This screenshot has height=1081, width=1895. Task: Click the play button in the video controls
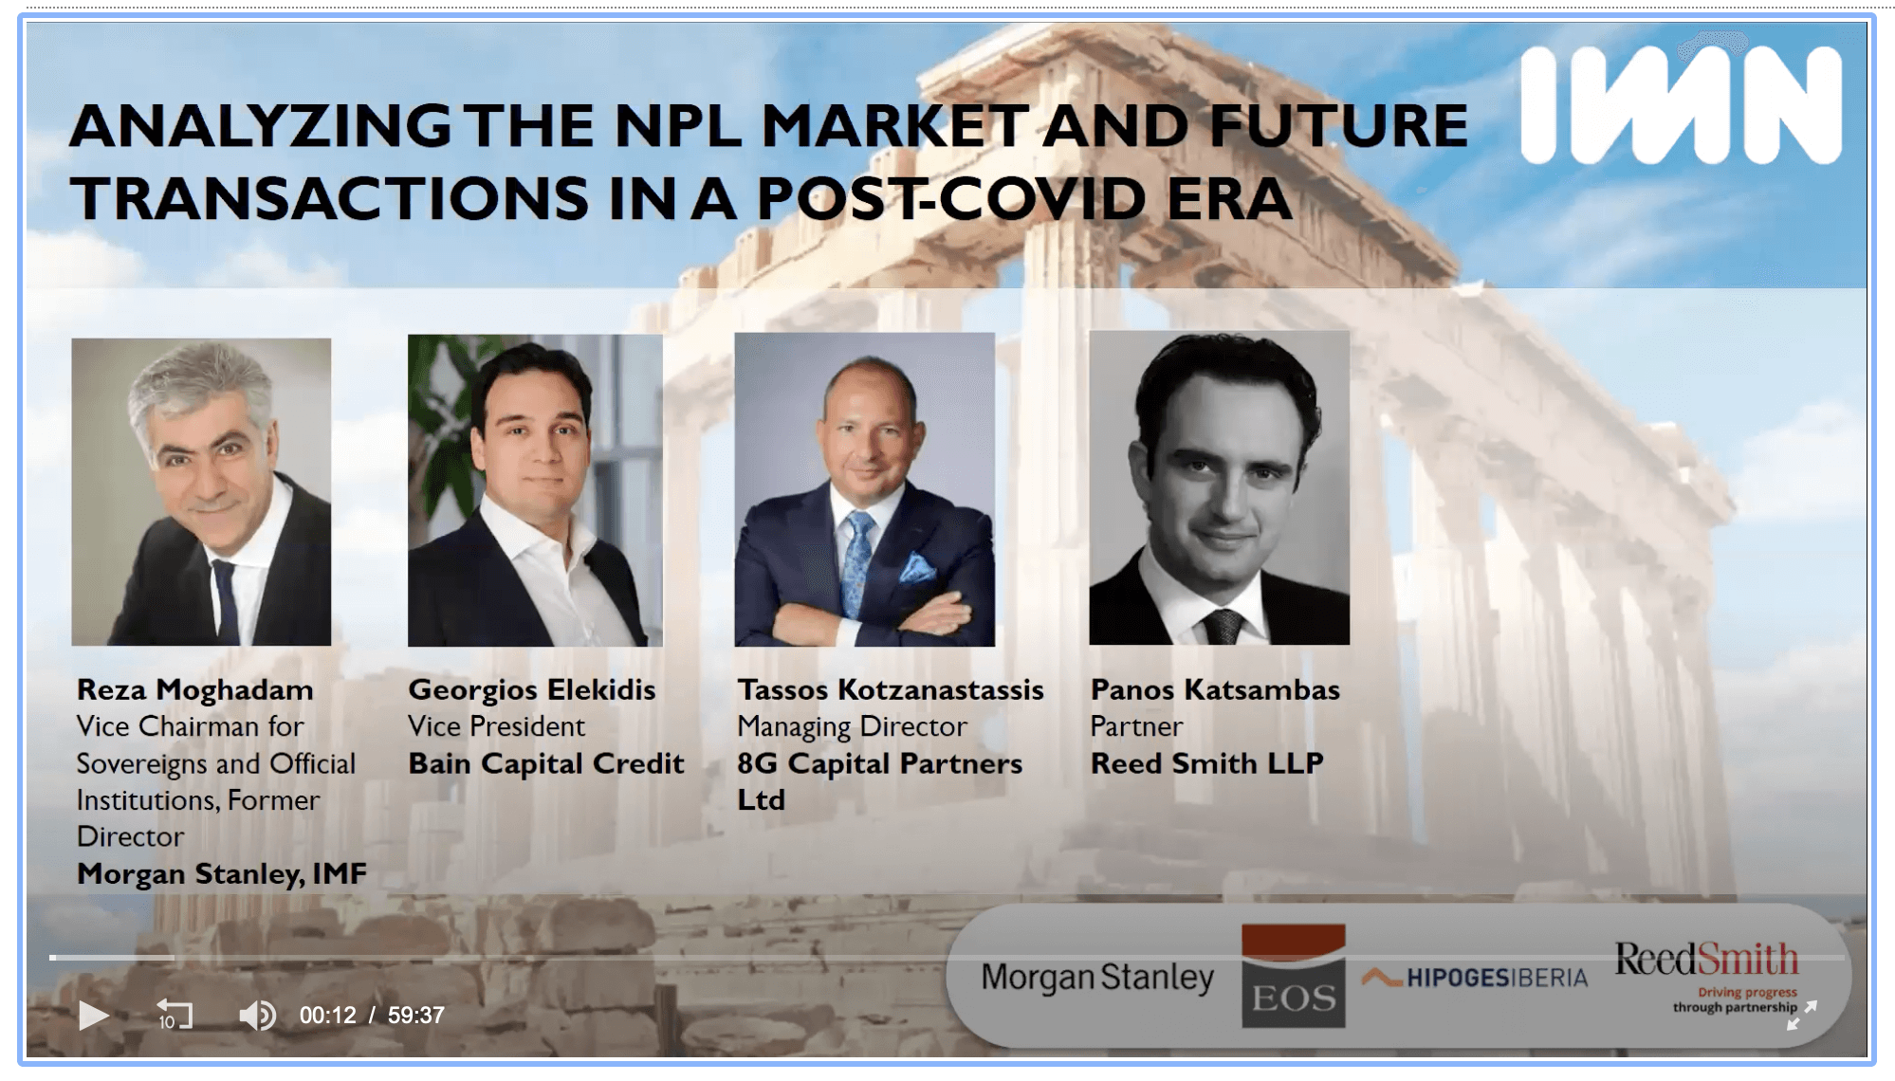(93, 1016)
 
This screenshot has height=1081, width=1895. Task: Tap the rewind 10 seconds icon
(174, 1015)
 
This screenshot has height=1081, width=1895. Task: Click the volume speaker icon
(256, 1016)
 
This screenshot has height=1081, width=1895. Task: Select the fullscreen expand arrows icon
(1802, 1015)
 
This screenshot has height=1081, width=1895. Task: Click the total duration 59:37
(415, 1016)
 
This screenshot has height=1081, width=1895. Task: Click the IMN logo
(1681, 106)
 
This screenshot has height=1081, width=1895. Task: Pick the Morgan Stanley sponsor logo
(1096, 977)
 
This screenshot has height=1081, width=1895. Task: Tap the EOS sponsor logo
(1293, 977)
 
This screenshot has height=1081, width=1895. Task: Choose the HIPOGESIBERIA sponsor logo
(1475, 978)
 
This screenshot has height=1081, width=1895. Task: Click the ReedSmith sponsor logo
(1706, 960)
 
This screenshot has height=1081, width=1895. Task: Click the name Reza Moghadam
(194, 689)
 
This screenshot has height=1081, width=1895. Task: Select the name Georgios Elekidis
(531, 689)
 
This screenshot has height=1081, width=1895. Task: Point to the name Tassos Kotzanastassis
(891, 689)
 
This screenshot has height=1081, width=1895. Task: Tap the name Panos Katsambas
(1215, 689)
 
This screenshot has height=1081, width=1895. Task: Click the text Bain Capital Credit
(545, 763)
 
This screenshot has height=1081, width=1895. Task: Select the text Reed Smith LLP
(1206, 763)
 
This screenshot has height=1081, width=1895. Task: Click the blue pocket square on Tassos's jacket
(916, 568)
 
